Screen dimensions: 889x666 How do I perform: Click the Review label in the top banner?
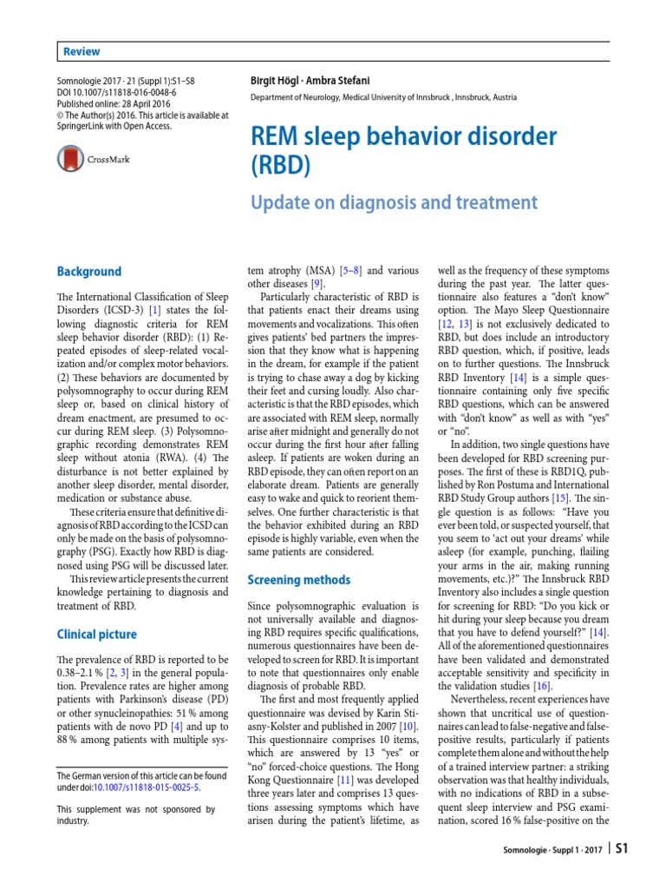[82, 52]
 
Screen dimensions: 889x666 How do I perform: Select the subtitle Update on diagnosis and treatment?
[394, 202]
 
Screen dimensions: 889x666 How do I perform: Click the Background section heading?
[88, 272]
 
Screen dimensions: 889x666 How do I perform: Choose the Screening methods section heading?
[298, 579]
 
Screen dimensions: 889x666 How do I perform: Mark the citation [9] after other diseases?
[318, 282]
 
